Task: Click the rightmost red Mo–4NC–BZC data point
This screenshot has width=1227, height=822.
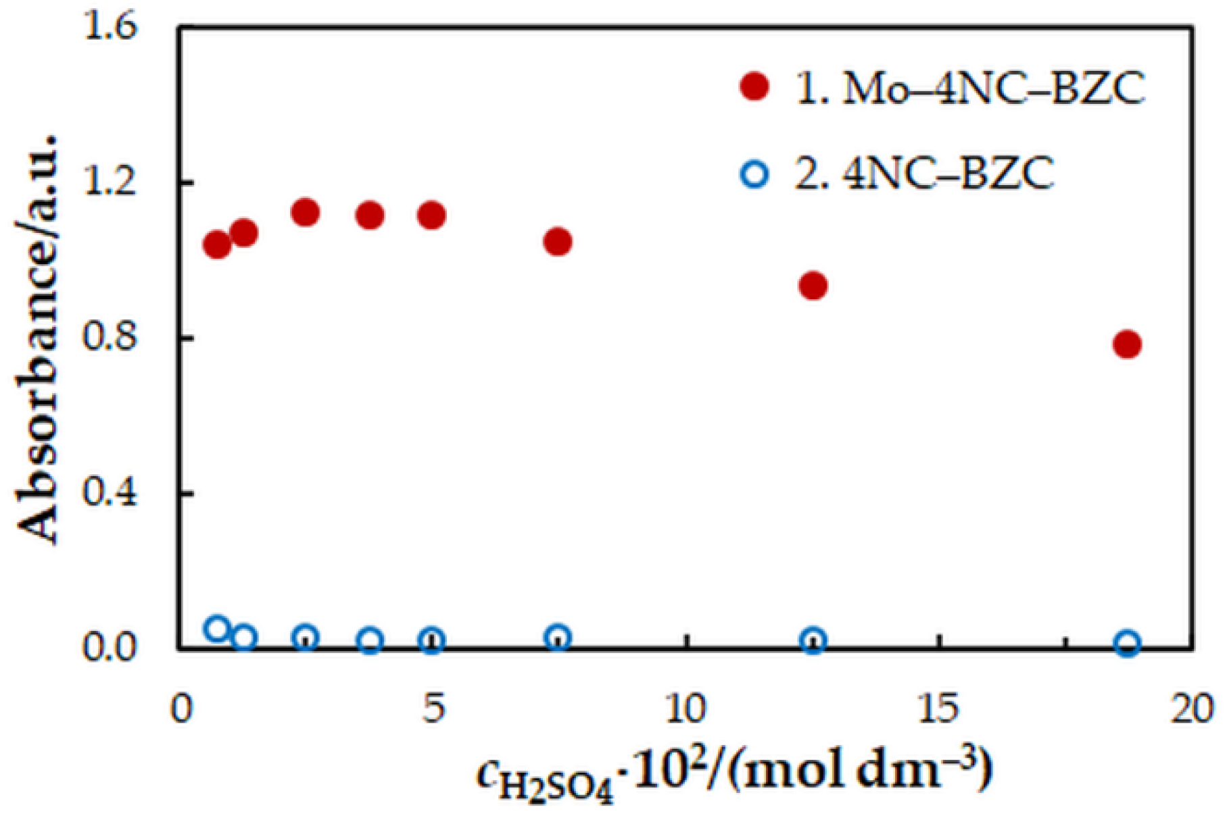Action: (x=1127, y=344)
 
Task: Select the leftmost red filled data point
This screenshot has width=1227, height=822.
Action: (x=217, y=245)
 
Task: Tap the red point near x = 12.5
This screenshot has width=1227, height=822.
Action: (x=813, y=286)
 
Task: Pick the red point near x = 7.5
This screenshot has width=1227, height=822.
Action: (x=558, y=241)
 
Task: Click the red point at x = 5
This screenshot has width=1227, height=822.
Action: (x=431, y=215)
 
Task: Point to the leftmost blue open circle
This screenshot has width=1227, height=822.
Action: (x=217, y=630)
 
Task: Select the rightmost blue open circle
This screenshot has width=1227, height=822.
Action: (x=1127, y=643)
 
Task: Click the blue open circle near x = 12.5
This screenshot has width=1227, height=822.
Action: (x=813, y=640)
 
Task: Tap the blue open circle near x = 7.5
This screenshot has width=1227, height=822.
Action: (x=558, y=637)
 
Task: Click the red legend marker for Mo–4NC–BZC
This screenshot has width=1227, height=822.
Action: (x=754, y=87)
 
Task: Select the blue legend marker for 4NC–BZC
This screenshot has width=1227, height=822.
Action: (x=754, y=175)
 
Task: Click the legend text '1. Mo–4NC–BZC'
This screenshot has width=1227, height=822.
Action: (x=970, y=88)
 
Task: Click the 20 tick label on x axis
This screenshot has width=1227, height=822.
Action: (x=1191, y=709)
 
